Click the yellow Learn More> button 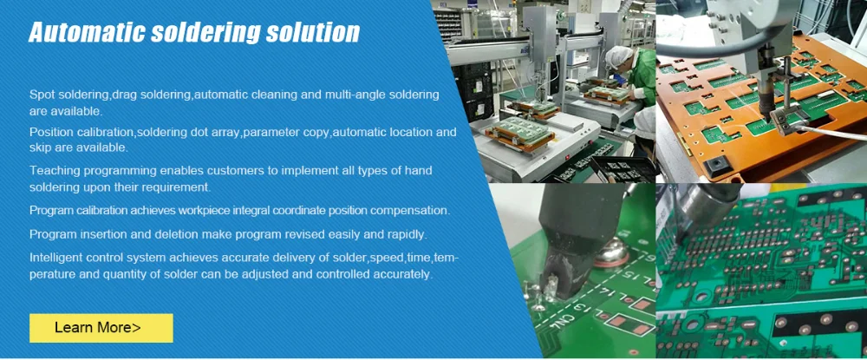tap(101, 328)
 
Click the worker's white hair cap tap(619, 56)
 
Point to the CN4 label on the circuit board tap(557, 321)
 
